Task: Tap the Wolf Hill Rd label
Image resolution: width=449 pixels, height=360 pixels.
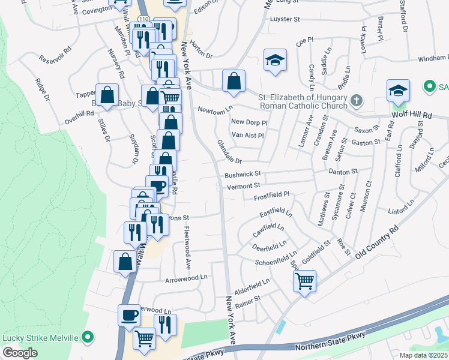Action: tap(411, 114)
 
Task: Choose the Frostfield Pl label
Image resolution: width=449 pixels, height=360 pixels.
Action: tap(271, 194)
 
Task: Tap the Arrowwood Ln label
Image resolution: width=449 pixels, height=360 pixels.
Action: tap(186, 278)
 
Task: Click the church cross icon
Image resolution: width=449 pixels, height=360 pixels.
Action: tap(357, 100)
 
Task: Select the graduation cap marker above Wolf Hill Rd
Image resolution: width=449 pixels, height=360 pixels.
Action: tap(397, 90)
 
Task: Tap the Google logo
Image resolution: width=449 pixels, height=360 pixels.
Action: tap(20, 353)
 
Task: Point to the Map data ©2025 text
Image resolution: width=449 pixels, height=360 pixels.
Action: tap(423, 355)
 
